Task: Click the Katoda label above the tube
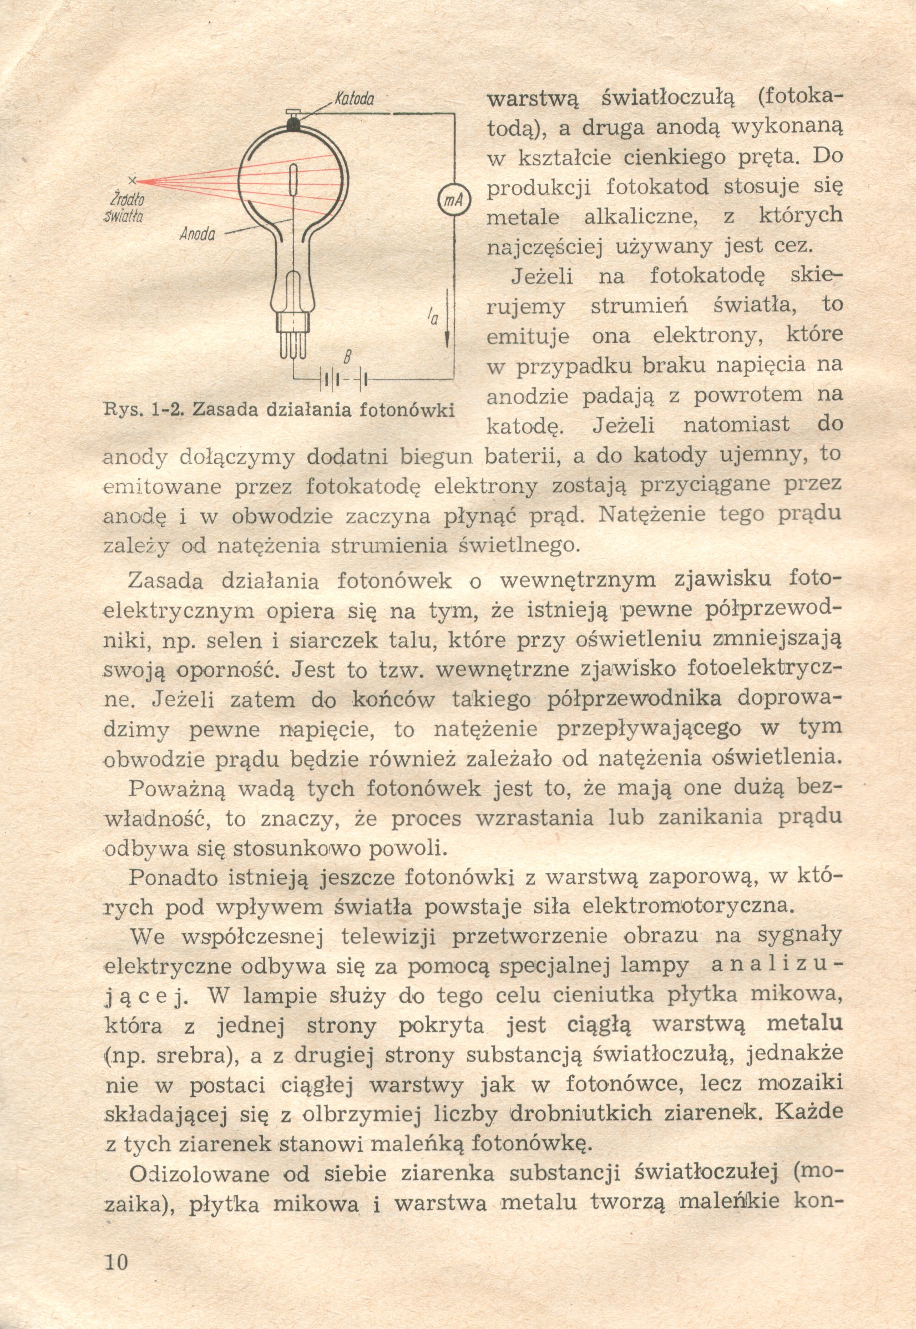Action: coord(354,99)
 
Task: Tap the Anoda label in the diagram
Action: coord(198,234)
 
